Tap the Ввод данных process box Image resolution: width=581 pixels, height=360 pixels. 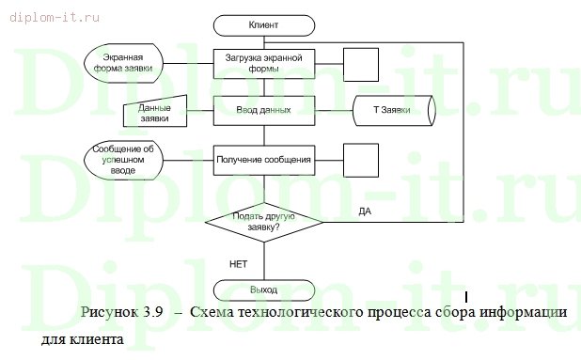coord(263,110)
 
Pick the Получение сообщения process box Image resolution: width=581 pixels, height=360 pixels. coord(263,160)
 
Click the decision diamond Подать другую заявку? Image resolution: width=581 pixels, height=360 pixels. coord(263,222)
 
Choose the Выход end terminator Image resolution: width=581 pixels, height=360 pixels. coord(264,290)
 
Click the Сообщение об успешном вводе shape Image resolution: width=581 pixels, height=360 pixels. coord(122,160)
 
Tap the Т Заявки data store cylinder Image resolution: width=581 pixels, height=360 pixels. coord(394,111)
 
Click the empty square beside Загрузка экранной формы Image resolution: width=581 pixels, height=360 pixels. coord(361,64)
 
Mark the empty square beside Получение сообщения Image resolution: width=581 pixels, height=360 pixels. coord(361,160)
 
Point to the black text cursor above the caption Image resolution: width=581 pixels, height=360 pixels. coord(466,299)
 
